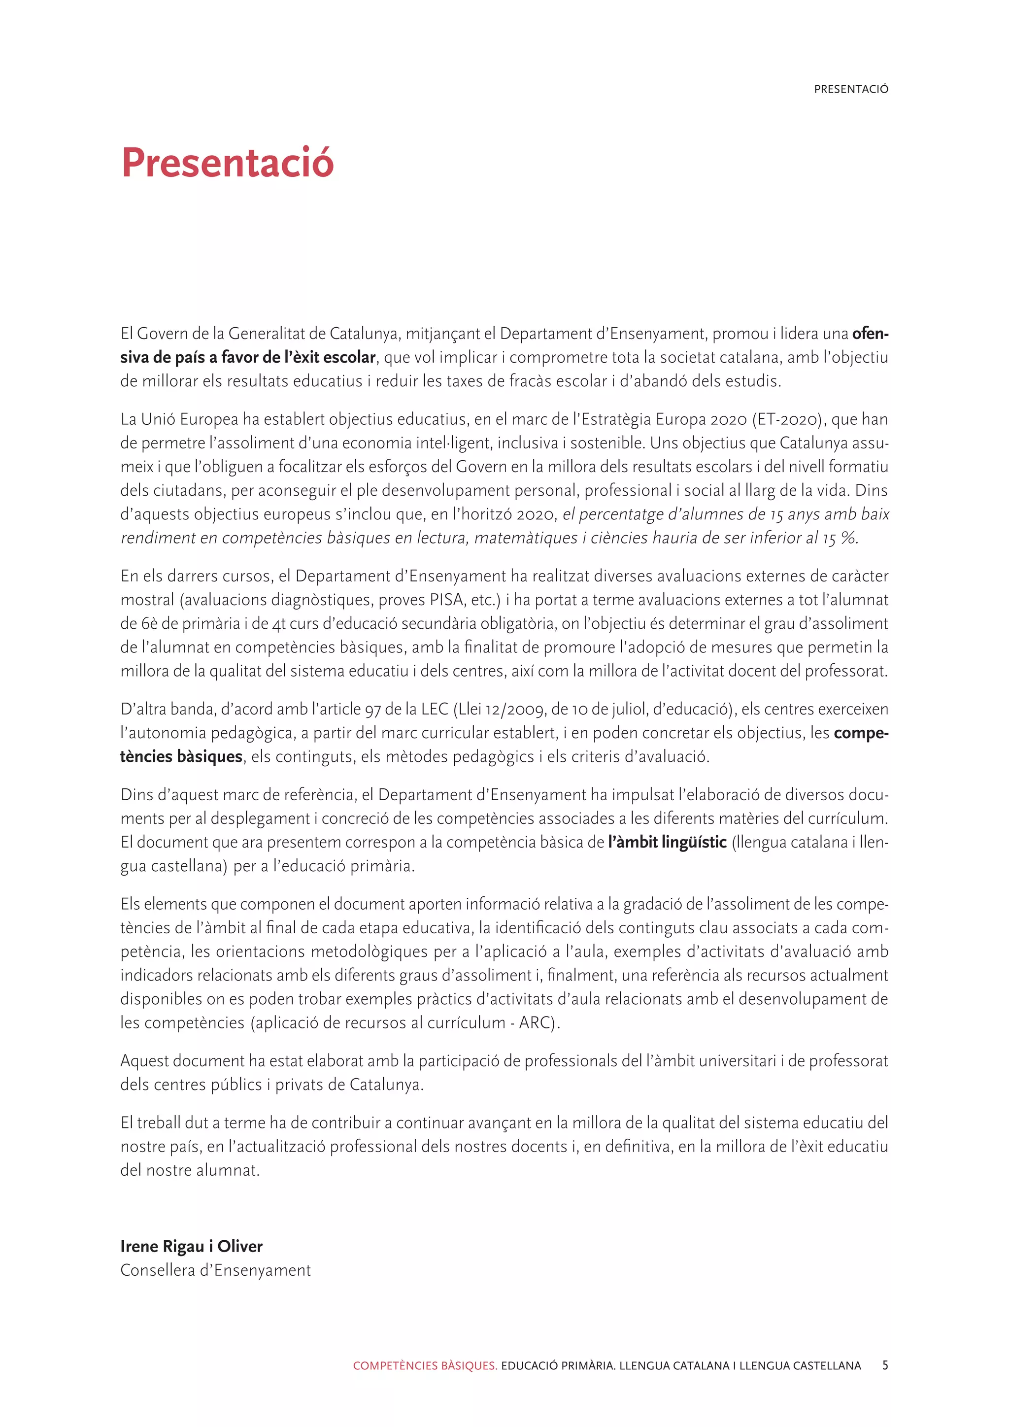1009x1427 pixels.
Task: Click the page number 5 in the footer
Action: coord(885,1365)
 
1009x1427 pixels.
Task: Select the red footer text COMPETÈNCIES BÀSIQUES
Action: coord(425,1366)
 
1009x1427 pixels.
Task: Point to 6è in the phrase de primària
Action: coord(149,623)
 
